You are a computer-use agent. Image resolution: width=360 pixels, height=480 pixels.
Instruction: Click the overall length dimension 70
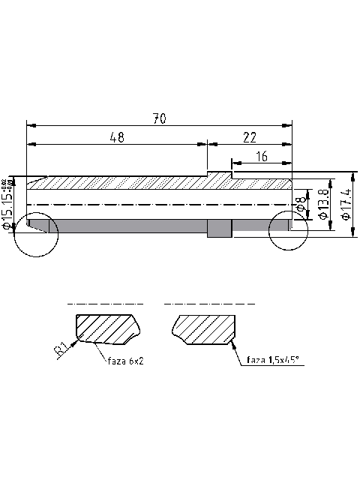(x=159, y=118)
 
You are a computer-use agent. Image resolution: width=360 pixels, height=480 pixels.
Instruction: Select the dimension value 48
(x=116, y=137)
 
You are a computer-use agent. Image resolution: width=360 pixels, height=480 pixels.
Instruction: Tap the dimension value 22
(x=249, y=137)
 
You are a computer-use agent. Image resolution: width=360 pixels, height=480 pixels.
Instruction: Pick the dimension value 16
(x=261, y=156)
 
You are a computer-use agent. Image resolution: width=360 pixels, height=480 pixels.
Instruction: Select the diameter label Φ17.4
(x=346, y=204)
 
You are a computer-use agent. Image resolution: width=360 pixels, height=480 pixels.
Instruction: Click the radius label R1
(x=62, y=350)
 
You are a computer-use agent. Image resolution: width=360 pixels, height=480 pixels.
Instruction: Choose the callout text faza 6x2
(x=124, y=361)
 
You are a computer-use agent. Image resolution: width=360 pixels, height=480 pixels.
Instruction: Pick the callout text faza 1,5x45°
(x=273, y=361)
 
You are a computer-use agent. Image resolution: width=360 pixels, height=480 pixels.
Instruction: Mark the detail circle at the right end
(x=289, y=229)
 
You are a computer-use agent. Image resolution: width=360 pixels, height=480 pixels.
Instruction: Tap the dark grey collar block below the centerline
(x=219, y=228)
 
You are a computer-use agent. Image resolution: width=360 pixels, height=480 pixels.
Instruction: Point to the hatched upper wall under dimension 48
(x=120, y=182)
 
